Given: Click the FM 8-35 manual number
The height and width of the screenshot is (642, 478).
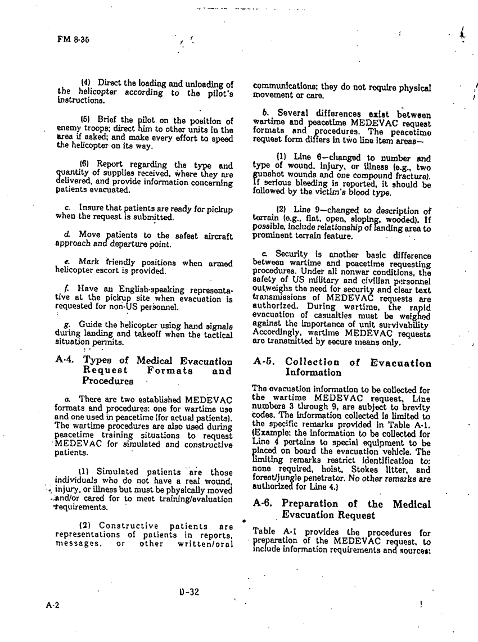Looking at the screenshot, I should click(x=73, y=40).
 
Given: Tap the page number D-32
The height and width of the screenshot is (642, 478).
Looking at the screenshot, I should click(x=187, y=591).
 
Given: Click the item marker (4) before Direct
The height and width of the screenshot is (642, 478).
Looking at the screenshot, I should click(x=88, y=84).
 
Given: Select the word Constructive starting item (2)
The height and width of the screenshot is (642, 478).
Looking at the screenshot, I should click(x=129, y=527).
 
